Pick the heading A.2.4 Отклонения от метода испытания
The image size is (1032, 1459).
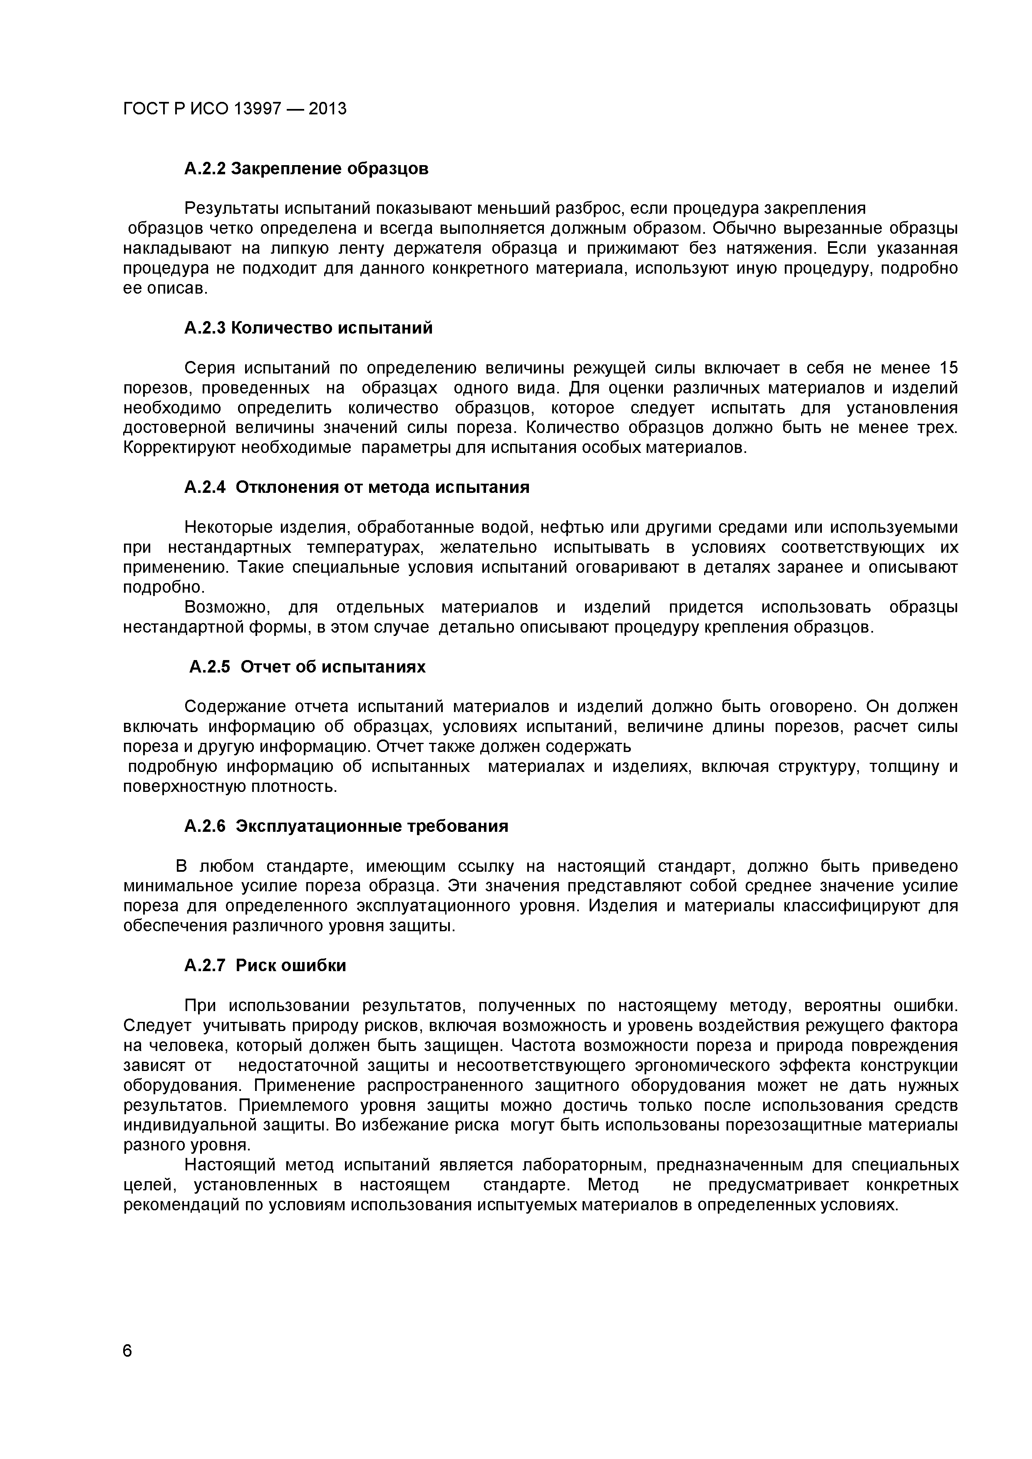pos(357,487)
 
